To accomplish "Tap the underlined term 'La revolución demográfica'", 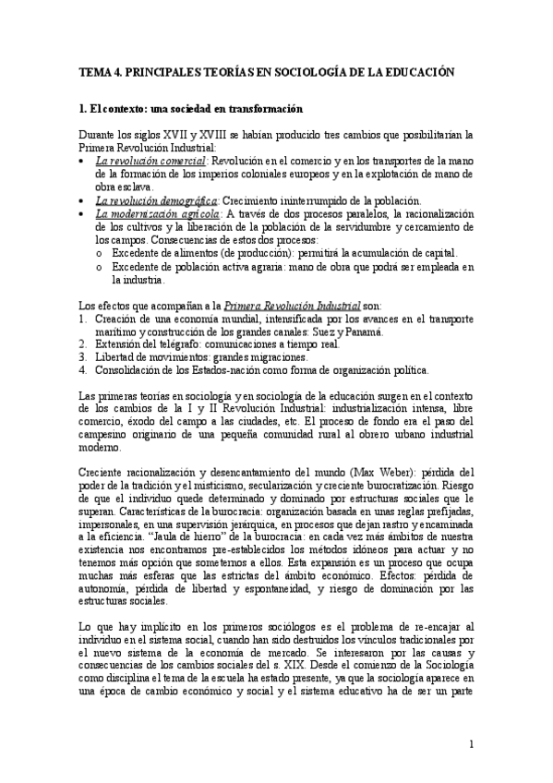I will [156, 200].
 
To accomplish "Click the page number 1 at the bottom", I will [471, 743].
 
